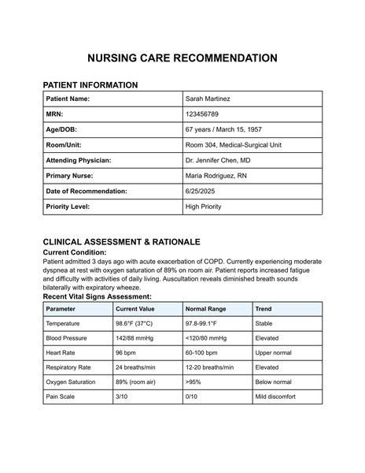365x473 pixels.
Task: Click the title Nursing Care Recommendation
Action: (182, 58)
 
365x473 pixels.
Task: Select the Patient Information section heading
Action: (90, 84)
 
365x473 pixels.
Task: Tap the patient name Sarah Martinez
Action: (208, 99)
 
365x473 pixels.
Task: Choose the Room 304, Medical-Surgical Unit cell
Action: (233, 145)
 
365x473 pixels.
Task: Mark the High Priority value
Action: (203, 207)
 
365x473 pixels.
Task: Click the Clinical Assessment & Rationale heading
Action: (121, 241)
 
